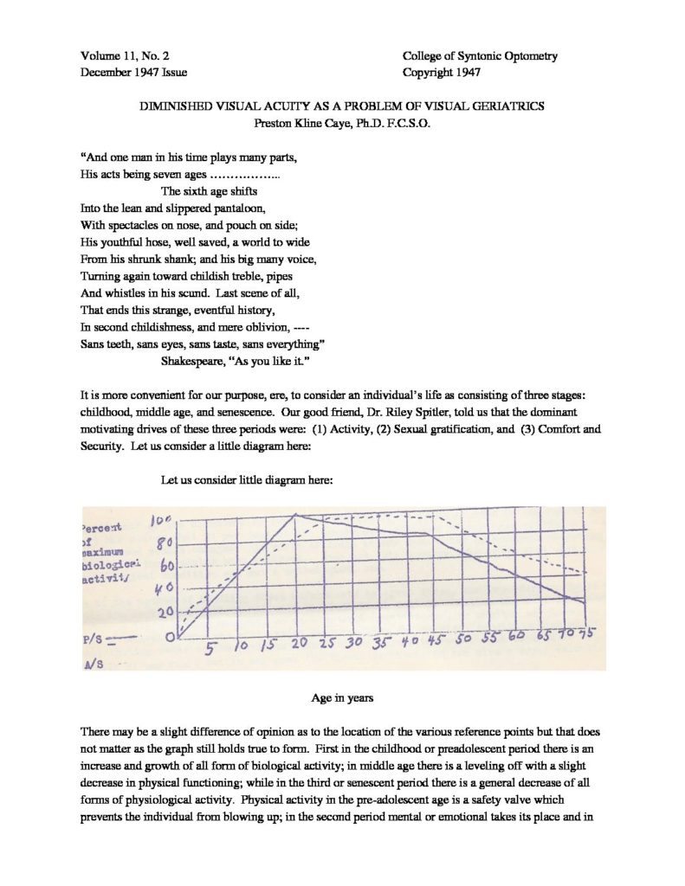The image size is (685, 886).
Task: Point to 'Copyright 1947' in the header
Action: [441, 73]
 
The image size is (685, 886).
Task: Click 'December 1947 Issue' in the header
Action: [133, 73]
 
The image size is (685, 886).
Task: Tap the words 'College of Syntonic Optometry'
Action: [480, 56]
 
